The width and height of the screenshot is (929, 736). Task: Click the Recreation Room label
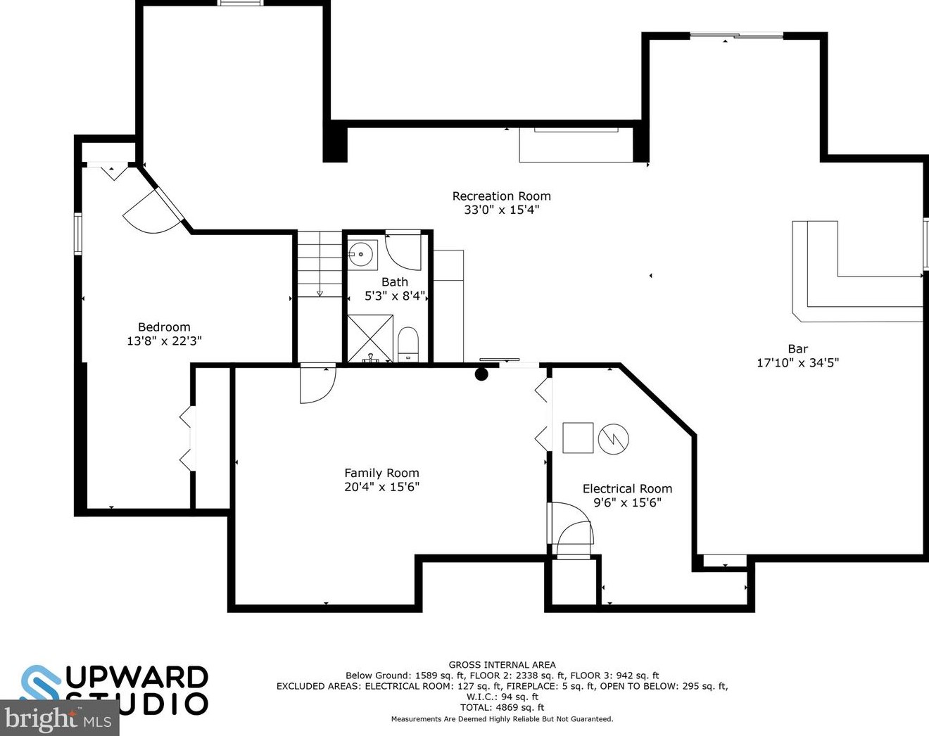click(x=501, y=196)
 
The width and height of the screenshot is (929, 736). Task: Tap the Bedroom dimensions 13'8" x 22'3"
click(x=164, y=341)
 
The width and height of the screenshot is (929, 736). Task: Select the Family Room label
click(x=381, y=474)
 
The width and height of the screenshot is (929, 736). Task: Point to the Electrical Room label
click(x=627, y=489)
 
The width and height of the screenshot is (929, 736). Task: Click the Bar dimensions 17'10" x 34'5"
click(x=797, y=363)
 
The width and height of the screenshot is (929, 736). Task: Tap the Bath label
click(x=394, y=282)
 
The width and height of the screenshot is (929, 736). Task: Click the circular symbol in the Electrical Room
click(x=613, y=440)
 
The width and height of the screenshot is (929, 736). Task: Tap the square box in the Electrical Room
click(x=578, y=438)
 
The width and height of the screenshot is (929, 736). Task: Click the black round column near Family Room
click(x=481, y=374)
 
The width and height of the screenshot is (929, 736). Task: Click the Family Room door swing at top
click(x=316, y=384)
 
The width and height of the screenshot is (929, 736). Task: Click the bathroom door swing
click(x=403, y=251)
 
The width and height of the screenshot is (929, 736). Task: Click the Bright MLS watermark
click(x=59, y=718)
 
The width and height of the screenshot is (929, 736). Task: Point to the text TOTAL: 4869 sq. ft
click(x=502, y=708)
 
